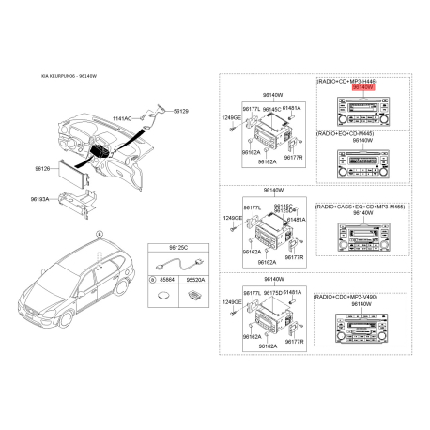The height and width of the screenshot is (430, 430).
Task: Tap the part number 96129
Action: pos(180,111)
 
